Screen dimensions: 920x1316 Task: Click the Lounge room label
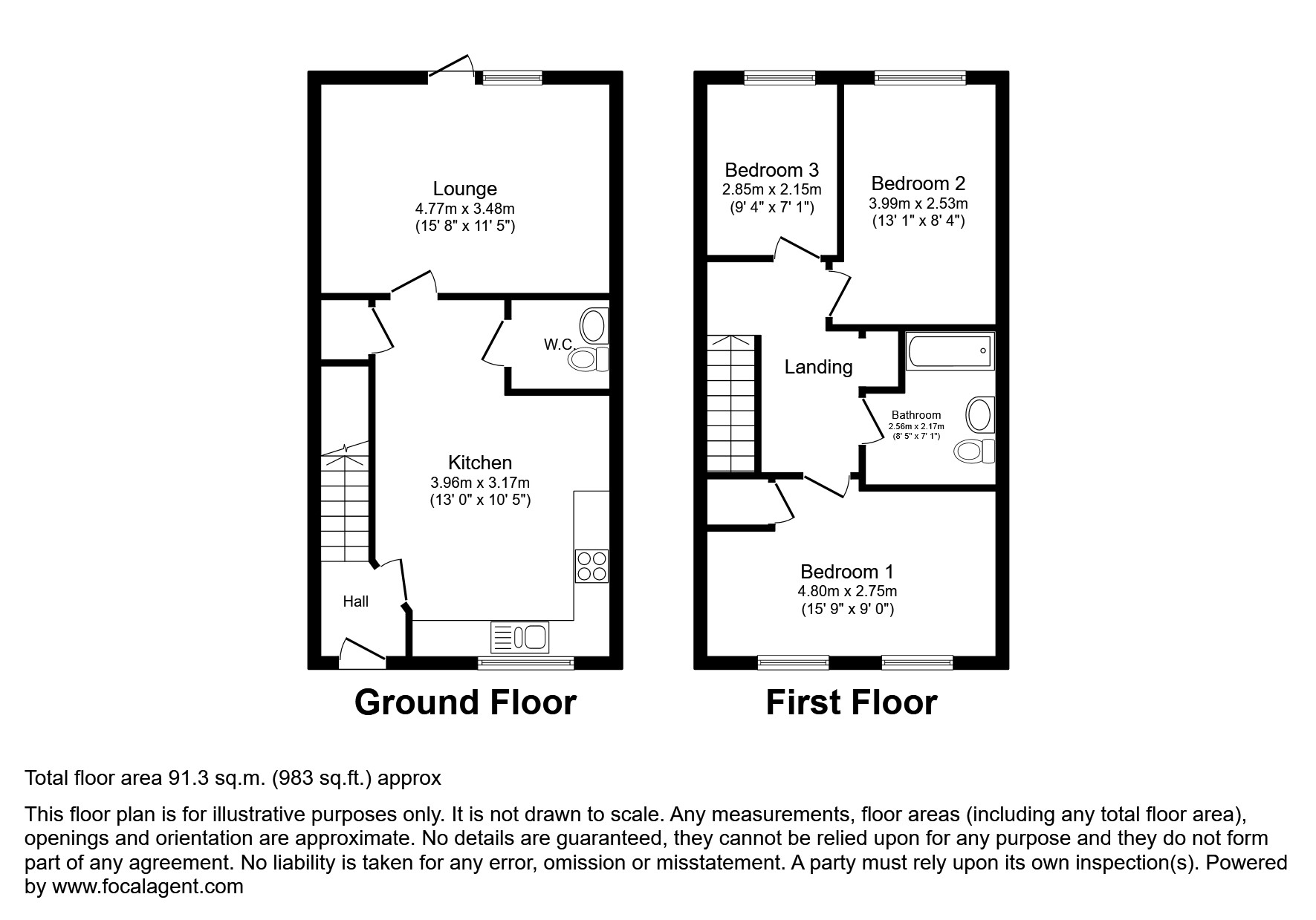click(x=465, y=189)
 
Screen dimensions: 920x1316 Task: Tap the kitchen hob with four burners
click(x=591, y=566)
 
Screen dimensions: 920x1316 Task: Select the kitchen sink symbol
click(x=519, y=637)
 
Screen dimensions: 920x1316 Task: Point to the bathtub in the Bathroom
click(x=950, y=350)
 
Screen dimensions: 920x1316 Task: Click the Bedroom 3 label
click(x=772, y=169)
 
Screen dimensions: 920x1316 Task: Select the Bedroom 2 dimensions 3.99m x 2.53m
click(x=918, y=203)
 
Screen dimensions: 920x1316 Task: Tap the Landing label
click(x=818, y=367)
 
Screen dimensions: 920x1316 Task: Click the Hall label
click(x=355, y=601)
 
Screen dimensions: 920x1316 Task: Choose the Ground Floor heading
click(x=465, y=702)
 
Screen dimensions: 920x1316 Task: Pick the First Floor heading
click(x=851, y=702)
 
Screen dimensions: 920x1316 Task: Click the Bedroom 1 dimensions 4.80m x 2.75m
click(x=846, y=592)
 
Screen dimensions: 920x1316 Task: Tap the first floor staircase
click(x=730, y=405)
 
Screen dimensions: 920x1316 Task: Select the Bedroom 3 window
click(x=779, y=77)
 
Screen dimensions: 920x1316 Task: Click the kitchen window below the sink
click(x=525, y=662)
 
